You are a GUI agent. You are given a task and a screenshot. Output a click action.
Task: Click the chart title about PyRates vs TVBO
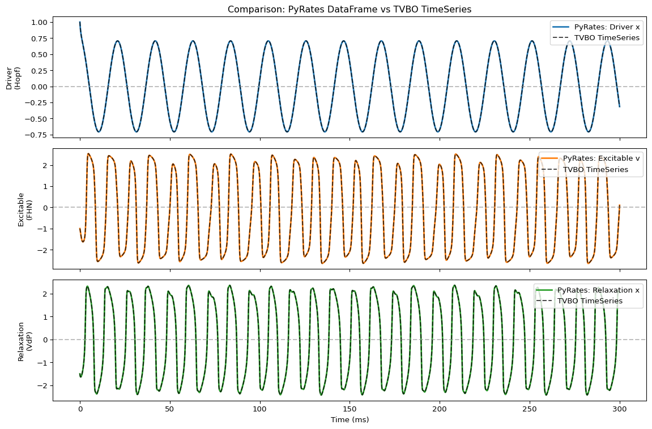350,9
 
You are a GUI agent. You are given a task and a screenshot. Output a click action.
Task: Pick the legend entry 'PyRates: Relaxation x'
598,290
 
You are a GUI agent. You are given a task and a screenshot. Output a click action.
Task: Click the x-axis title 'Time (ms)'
350,420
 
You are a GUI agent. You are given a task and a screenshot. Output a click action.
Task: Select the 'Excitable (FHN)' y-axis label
24,208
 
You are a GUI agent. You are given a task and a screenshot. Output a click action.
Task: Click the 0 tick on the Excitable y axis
45,208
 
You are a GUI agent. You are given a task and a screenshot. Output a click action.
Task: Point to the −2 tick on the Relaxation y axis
43,385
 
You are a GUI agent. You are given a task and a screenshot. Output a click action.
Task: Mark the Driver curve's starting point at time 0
80,22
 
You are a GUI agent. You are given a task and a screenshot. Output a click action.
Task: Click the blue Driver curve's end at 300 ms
619,106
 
